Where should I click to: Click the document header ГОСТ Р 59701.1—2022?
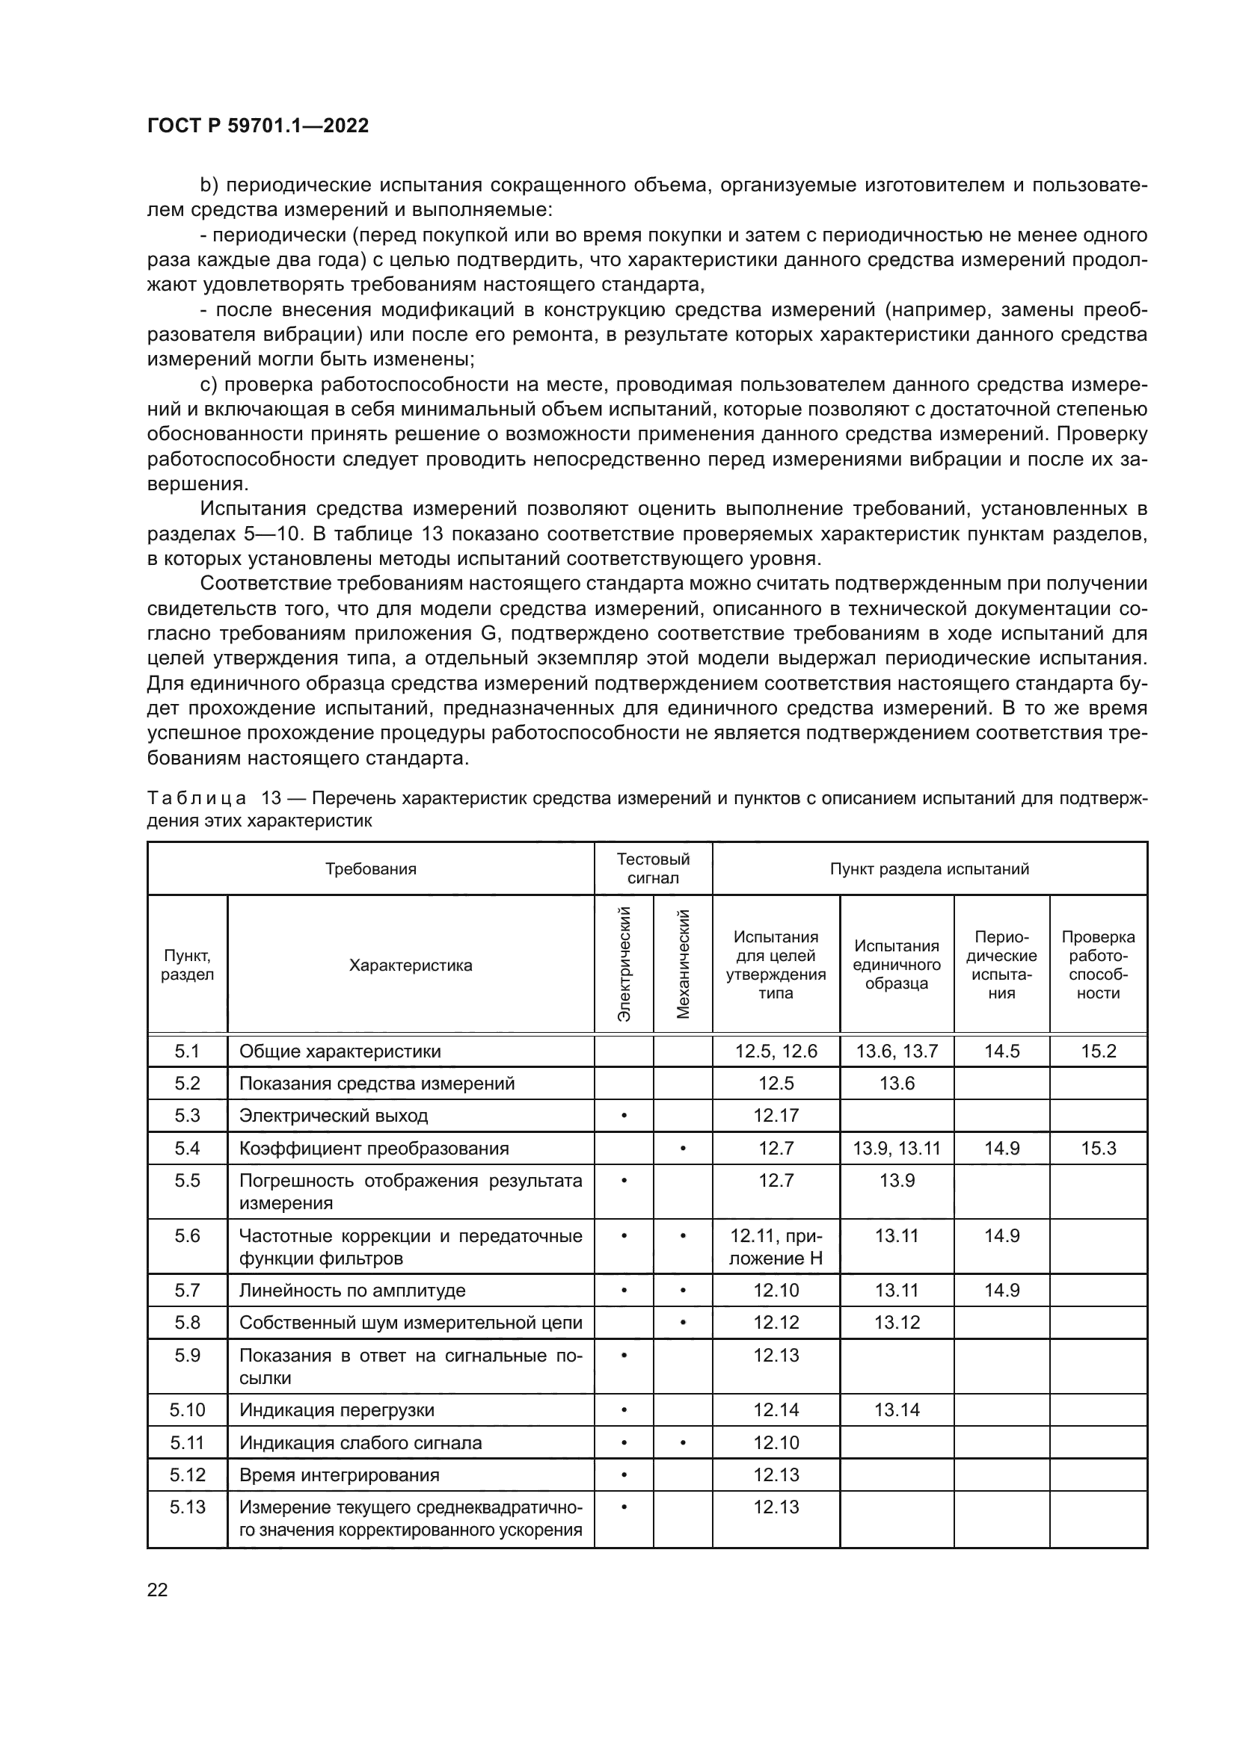[257, 126]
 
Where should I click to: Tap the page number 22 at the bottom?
[157, 1590]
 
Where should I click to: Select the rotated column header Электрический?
[624, 964]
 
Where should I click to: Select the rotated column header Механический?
[683, 964]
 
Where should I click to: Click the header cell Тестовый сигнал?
[653, 868]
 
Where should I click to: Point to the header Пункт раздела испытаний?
[930, 868]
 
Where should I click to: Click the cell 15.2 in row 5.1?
[1098, 1051]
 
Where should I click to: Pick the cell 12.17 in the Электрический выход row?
[776, 1116]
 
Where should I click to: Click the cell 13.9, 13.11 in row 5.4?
[897, 1149]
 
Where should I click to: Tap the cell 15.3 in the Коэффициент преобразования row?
[1098, 1149]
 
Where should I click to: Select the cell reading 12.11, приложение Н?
[776, 1247]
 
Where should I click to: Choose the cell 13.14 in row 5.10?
[897, 1410]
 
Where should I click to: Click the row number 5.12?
[188, 1475]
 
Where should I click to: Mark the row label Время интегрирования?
[339, 1475]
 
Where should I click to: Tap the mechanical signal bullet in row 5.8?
[683, 1324]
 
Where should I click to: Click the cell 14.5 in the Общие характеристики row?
[1001, 1051]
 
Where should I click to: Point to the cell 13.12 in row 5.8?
[897, 1324]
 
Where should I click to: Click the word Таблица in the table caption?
[197, 799]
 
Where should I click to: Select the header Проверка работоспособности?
[1098, 965]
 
